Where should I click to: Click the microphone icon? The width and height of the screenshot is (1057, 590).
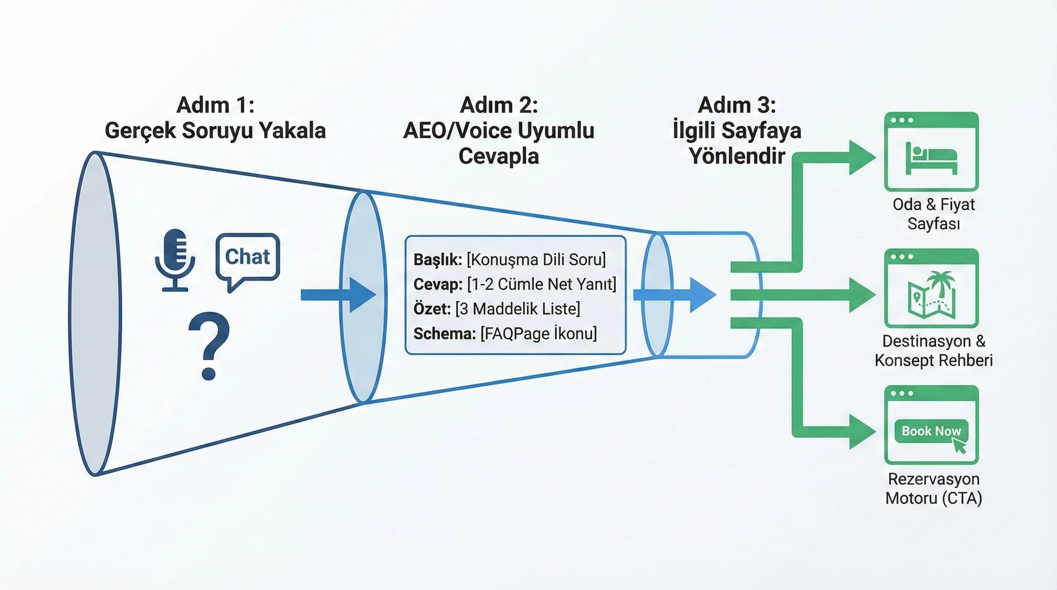pos(175,259)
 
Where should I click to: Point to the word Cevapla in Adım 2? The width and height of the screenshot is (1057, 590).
pos(499,156)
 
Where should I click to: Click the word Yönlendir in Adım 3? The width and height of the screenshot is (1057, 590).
pos(737,156)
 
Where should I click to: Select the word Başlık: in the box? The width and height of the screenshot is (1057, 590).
pos(437,260)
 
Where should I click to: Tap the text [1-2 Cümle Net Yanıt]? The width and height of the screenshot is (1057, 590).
pos(542,284)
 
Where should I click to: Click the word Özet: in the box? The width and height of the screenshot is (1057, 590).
pos(432,309)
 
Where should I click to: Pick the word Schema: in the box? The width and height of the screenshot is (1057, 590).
pos(444,333)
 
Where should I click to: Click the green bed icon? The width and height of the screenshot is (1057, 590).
pos(931,158)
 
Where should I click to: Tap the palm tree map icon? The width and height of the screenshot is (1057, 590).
pos(931,294)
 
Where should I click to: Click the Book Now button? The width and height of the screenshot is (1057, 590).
pos(931,431)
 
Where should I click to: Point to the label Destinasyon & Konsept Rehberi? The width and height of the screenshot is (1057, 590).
pos(933,351)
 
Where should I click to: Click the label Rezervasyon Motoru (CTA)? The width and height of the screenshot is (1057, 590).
pos(933,488)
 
